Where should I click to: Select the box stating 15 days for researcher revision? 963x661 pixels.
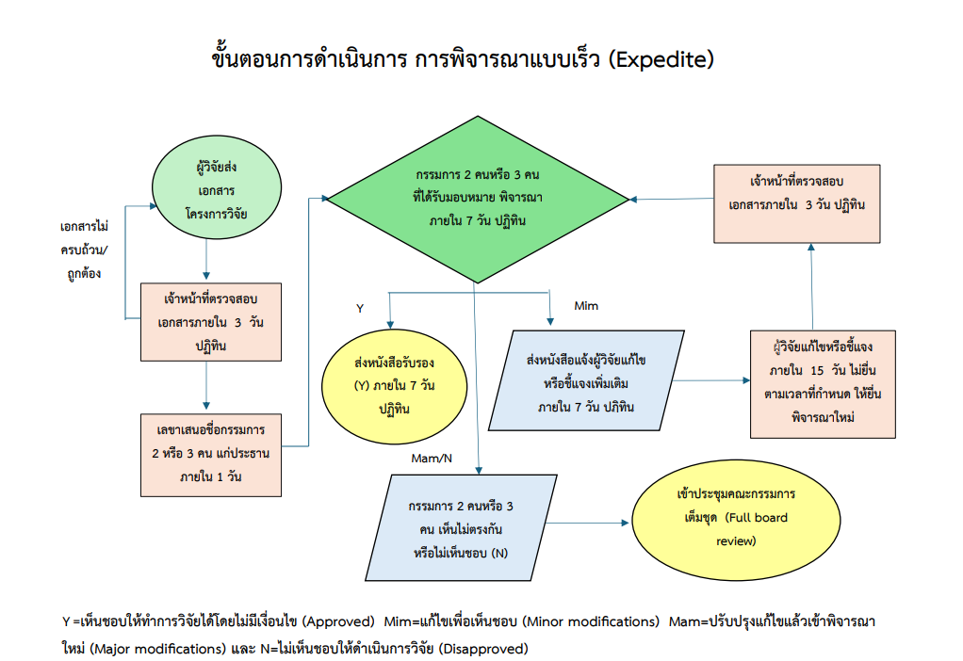point(823,382)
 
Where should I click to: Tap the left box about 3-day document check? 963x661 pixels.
point(211,322)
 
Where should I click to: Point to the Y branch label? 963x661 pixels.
point(359,308)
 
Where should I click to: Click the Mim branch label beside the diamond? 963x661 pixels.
point(586,305)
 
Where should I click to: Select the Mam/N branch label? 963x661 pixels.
point(433,458)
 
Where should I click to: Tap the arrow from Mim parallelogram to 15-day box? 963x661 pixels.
point(711,380)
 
